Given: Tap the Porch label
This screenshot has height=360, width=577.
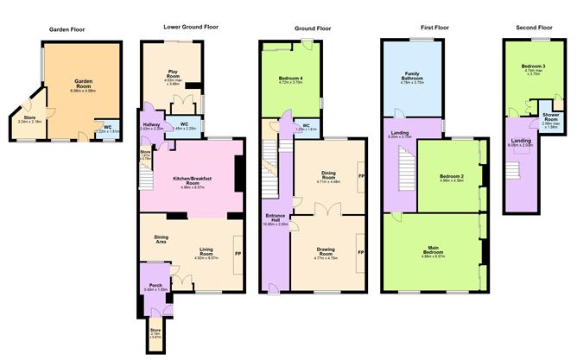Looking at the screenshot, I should tap(155, 285).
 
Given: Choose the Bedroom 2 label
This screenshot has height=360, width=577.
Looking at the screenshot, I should tap(450, 177).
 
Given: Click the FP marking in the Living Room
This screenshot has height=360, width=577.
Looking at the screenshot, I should tap(237, 252).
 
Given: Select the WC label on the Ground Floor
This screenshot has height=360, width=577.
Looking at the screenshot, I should tap(306, 126).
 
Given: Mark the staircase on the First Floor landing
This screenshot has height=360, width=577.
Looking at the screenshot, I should tap(403, 168).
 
